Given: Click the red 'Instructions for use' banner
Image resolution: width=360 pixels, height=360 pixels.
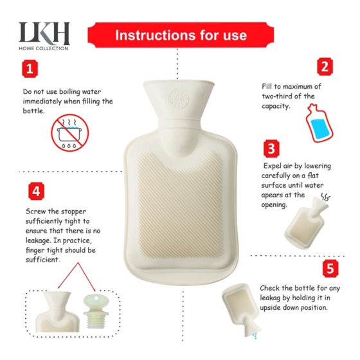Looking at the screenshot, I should [181, 35].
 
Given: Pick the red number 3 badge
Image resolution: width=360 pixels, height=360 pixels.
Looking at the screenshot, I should [272, 149].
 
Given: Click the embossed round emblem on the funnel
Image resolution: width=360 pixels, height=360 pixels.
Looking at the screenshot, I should [175, 98].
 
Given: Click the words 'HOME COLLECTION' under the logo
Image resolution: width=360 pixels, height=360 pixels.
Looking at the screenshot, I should [44, 48].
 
